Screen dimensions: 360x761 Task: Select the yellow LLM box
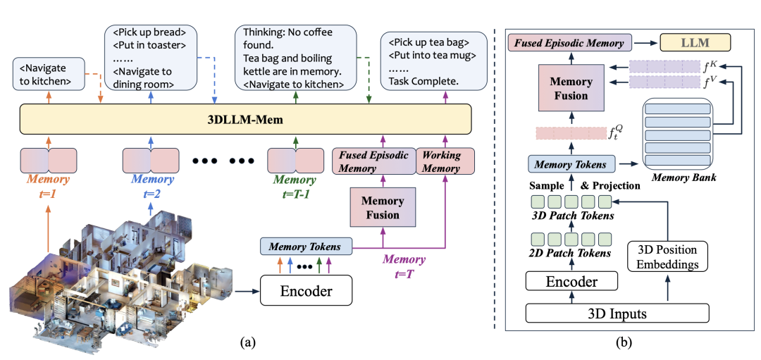tap(694, 43)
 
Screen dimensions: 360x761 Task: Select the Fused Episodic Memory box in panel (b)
tap(569, 43)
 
